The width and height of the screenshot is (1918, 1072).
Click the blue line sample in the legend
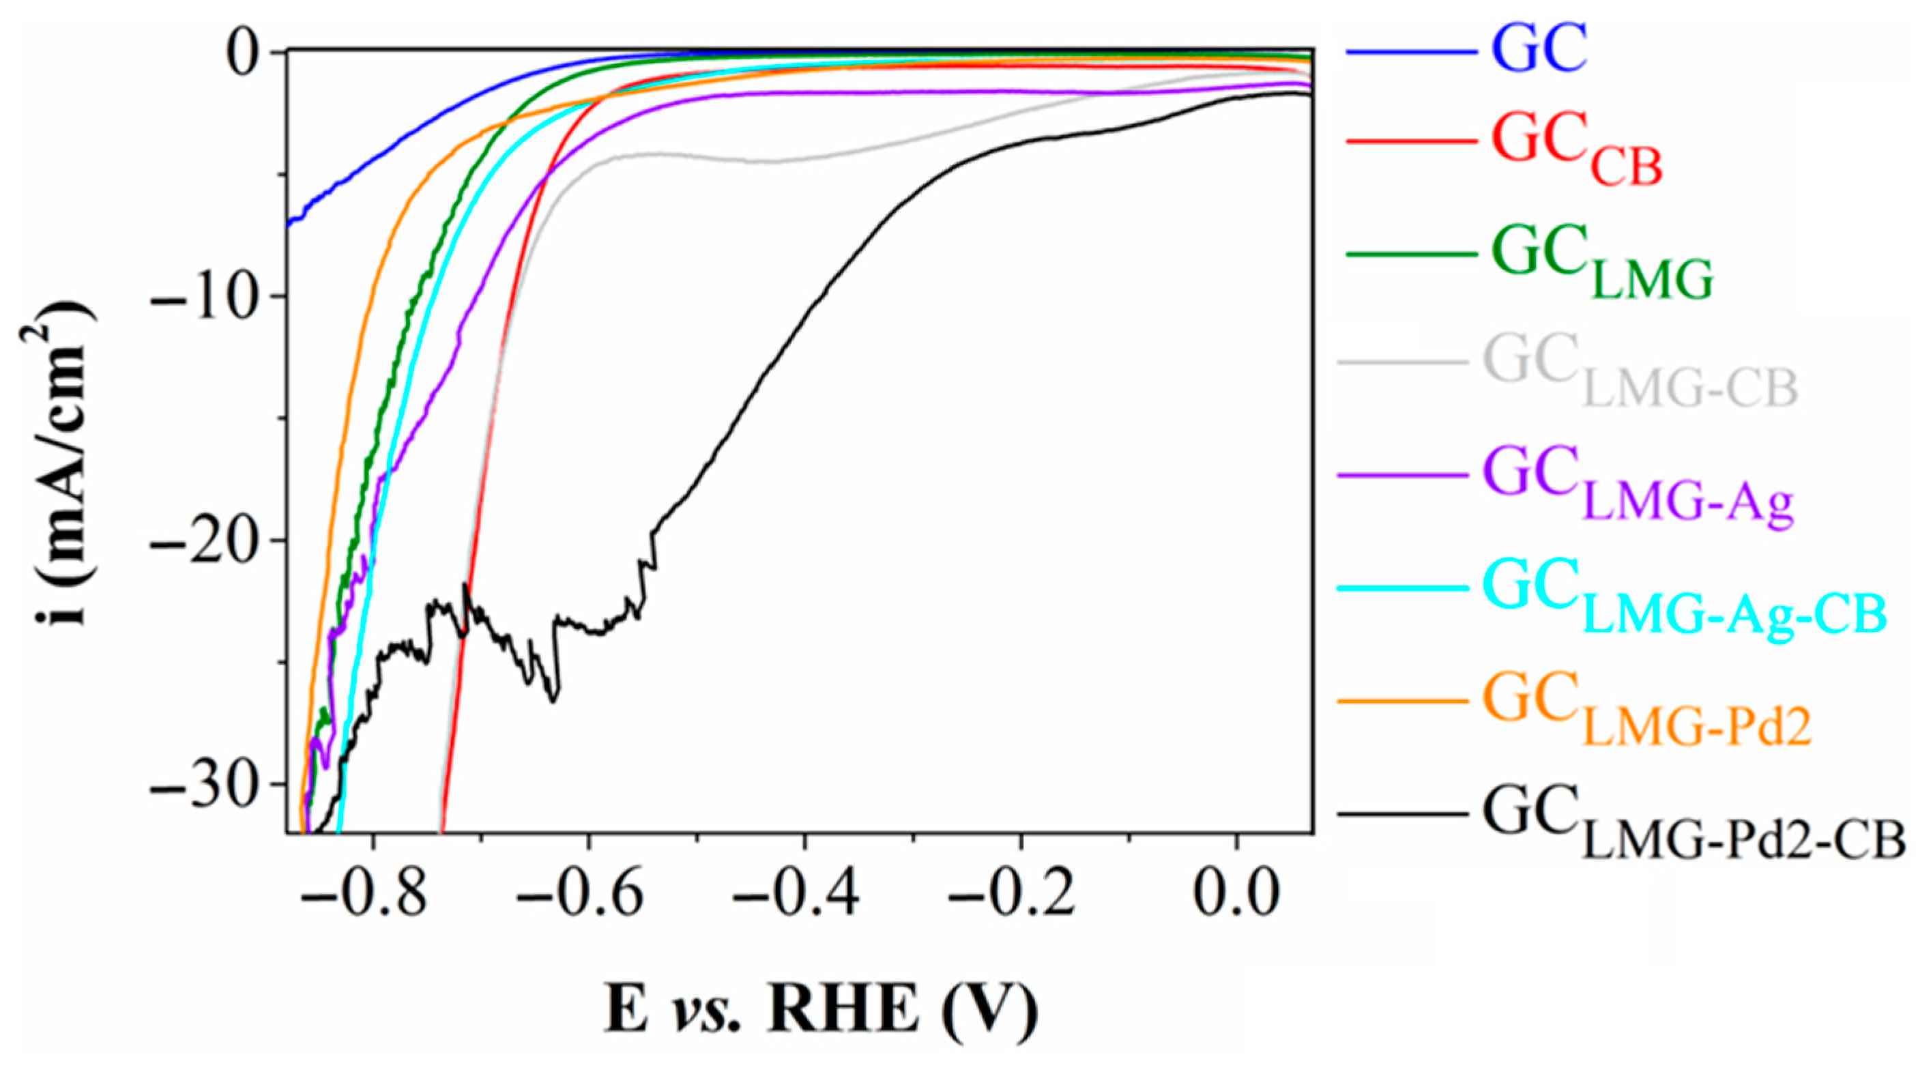[1411, 52]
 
